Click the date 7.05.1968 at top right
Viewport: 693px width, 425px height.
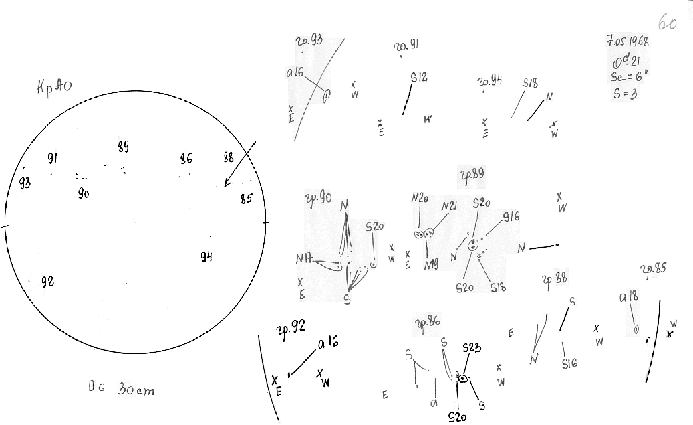[x=628, y=40]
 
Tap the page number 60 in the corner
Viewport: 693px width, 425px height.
[x=668, y=23]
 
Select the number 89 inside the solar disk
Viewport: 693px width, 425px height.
[x=123, y=147]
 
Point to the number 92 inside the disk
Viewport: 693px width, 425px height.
[x=47, y=281]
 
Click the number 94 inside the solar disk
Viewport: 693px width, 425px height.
[x=206, y=256]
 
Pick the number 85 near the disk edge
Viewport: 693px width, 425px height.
[x=246, y=198]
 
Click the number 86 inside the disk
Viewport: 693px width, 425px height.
[x=186, y=159]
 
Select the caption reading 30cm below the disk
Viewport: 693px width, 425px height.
[x=136, y=389]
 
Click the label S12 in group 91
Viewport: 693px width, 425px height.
[x=419, y=78]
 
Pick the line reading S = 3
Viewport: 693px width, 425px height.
[x=625, y=94]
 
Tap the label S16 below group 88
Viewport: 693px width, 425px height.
[x=569, y=363]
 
